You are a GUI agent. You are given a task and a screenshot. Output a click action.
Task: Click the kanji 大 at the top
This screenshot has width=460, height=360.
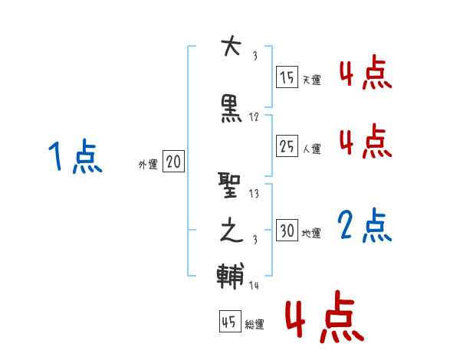tap(231, 47)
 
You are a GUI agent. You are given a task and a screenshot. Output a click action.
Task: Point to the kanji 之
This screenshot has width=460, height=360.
tap(231, 231)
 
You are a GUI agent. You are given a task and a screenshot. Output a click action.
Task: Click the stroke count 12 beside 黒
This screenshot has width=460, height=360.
tap(255, 117)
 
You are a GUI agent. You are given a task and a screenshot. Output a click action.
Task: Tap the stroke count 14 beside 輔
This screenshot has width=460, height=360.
tap(255, 285)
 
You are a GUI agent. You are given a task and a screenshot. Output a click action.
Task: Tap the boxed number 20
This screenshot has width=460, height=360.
tap(173, 162)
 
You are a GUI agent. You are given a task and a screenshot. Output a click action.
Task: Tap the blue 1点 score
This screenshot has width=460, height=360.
tap(74, 158)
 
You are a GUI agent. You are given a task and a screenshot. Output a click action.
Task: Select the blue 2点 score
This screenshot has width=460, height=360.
tap(365, 227)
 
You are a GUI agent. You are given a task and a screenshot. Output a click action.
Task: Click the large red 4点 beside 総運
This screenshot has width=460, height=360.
tap(324, 318)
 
